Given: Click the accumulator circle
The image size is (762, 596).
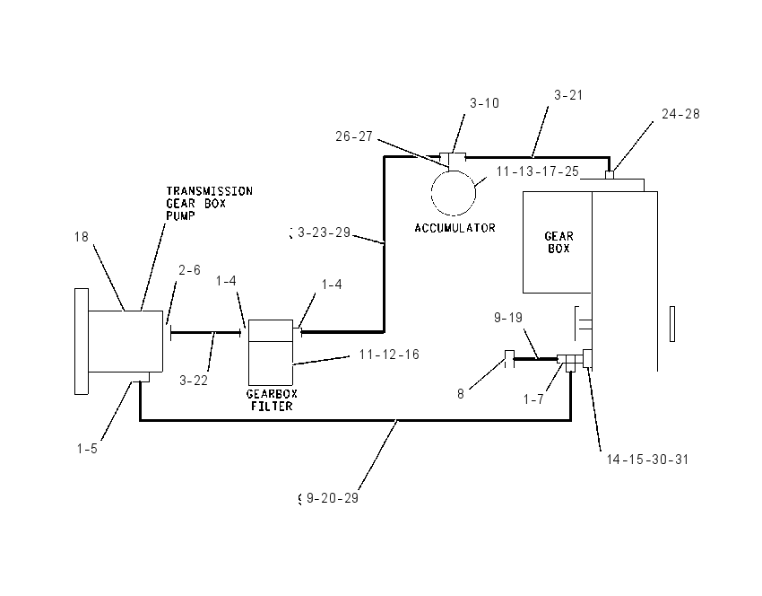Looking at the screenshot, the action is (431, 193).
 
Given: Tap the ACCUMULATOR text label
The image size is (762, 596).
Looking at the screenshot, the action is (455, 228).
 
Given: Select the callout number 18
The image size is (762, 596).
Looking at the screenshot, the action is (82, 237).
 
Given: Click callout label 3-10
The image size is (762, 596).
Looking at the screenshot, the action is (484, 103).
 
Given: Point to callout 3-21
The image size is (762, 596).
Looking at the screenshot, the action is (568, 95).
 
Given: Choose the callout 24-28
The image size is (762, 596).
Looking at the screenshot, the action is (680, 114).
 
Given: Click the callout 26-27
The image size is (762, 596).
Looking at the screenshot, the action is (354, 136).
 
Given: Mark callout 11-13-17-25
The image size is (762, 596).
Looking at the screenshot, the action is (538, 171).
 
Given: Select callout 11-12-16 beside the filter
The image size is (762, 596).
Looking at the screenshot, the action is (389, 355).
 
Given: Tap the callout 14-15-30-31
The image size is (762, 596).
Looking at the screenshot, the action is (648, 460).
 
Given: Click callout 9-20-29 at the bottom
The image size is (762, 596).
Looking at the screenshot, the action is (333, 498).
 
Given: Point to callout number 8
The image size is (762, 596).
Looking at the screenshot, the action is (461, 394).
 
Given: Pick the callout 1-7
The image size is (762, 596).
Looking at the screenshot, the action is (533, 399).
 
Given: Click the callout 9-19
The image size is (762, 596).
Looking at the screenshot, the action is (508, 318).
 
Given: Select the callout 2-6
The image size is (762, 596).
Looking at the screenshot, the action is (189, 270).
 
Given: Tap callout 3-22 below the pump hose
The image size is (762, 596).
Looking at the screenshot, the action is (194, 381).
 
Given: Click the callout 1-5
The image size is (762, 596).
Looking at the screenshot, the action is (87, 449).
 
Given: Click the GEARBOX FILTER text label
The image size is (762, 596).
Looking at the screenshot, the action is (273, 400).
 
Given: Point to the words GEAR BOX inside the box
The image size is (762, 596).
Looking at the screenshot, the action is (559, 242).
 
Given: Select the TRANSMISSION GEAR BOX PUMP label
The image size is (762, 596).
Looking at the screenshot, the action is (209, 204).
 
